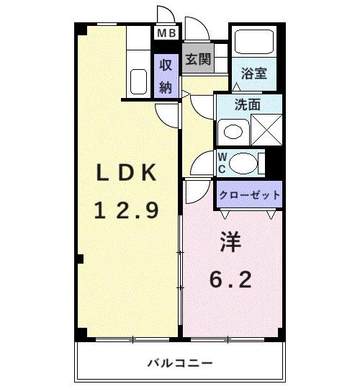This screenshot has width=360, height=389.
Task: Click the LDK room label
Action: (x=127, y=173)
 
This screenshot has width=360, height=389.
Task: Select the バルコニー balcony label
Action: (x=179, y=362)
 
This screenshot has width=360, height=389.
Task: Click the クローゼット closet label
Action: (x=248, y=194)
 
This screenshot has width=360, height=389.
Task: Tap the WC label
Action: (x=222, y=163)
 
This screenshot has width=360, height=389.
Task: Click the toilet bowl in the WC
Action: (x=244, y=163)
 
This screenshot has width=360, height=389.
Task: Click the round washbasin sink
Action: (x=231, y=132)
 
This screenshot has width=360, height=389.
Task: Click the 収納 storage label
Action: (x=166, y=76)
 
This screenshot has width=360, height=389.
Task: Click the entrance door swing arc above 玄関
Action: (x=194, y=27)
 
